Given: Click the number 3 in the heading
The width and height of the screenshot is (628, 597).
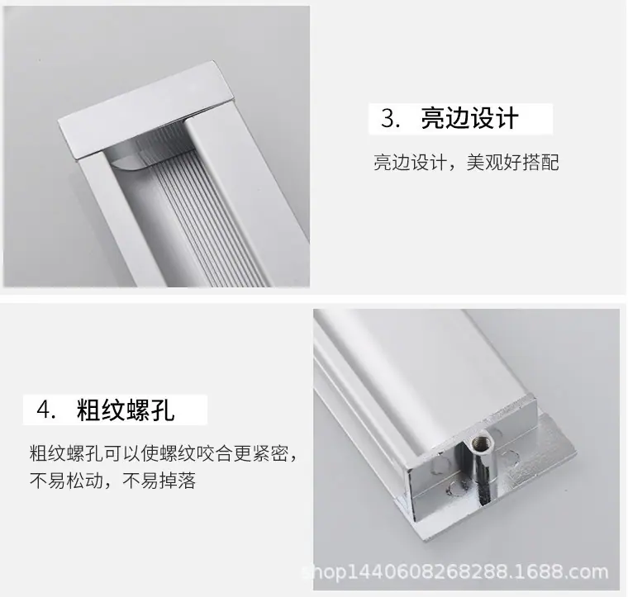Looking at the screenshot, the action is (388, 118).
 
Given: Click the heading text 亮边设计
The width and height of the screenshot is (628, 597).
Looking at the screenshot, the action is (470, 118).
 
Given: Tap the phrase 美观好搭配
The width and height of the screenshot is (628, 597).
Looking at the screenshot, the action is (512, 163).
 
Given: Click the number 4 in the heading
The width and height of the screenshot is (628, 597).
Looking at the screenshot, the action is (45, 410).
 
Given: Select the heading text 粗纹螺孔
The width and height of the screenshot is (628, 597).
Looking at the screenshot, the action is (126, 410).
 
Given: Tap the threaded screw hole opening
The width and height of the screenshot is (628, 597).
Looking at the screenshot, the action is (478, 442).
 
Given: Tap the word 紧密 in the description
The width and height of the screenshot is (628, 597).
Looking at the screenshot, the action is (269, 453).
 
